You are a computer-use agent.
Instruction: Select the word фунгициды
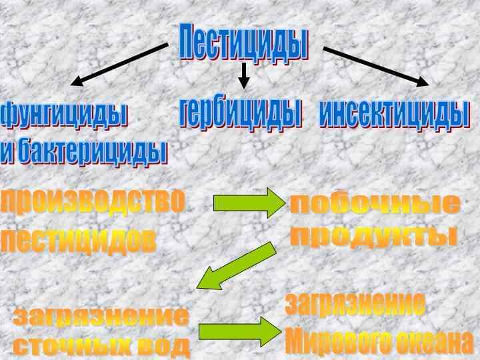pyautogui.click(x=64, y=115)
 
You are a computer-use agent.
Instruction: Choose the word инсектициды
pyautogui.click(x=393, y=114)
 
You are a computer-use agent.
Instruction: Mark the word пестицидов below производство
pyautogui.click(x=79, y=241)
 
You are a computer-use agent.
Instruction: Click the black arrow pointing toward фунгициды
pyautogui.click(x=119, y=65)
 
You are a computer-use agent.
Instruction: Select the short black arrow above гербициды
pyautogui.click(x=244, y=75)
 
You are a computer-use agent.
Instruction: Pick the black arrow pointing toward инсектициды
pyautogui.click(x=376, y=65)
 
